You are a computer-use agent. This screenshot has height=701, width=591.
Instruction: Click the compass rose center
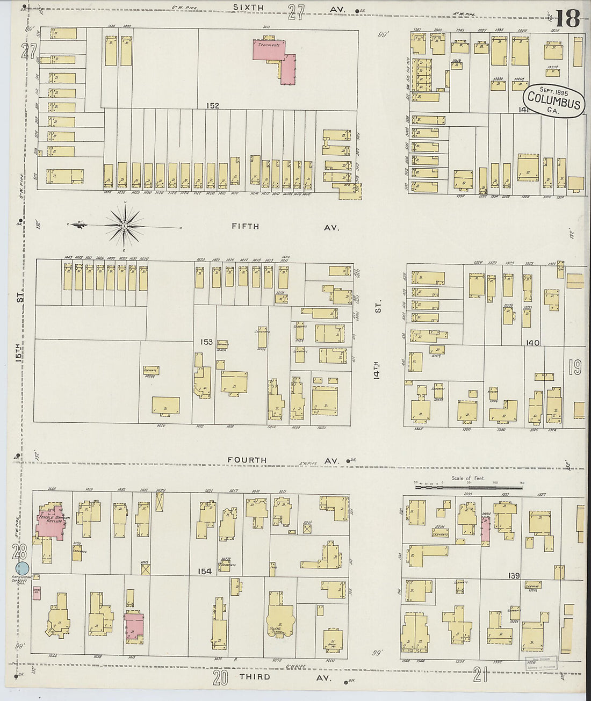click(124, 226)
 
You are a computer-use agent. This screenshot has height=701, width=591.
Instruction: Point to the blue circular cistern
click(22, 568)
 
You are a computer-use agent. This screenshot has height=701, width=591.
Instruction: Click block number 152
click(212, 106)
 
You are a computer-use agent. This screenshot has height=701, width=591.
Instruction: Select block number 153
click(206, 342)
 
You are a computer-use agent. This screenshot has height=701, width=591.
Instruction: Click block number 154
click(205, 572)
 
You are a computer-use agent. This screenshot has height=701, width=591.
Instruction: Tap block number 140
click(532, 343)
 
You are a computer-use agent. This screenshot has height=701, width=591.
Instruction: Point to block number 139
click(514, 576)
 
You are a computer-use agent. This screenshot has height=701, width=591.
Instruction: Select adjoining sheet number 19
click(575, 367)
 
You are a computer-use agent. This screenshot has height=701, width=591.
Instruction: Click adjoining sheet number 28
click(21, 551)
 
